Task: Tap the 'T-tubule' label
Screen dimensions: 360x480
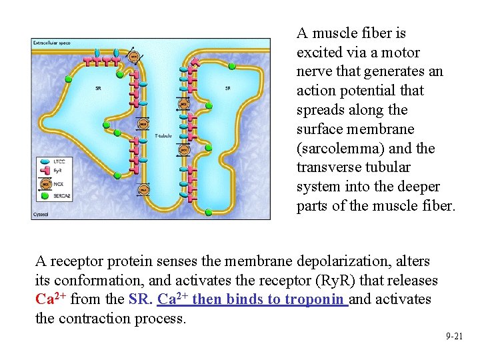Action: click(163, 135)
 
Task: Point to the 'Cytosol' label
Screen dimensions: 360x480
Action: click(41, 214)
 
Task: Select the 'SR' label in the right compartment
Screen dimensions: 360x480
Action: click(228, 89)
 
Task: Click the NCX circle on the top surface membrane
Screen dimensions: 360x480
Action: click(134, 57)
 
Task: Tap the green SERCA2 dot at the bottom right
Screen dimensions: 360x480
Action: click(208, 212)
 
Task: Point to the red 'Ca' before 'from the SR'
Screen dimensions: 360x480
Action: click(48, 300)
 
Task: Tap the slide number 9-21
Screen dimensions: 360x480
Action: click(454, 337)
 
